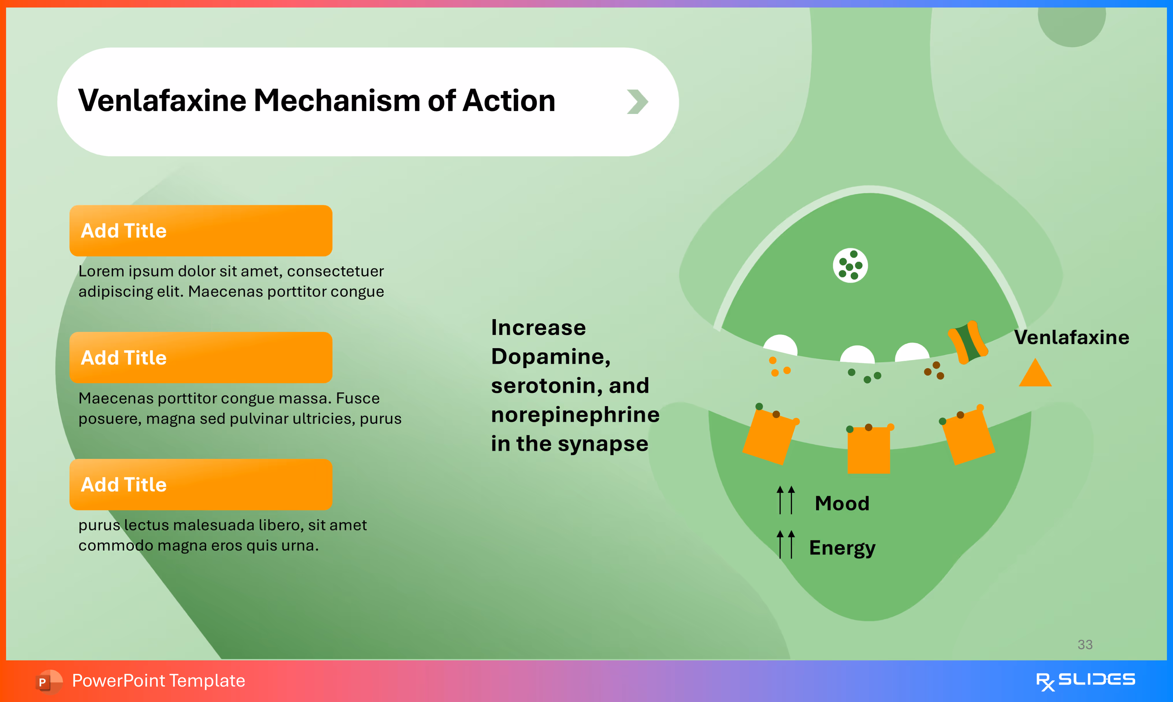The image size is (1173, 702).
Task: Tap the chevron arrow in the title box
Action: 637,102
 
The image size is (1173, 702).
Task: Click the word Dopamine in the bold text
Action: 550,357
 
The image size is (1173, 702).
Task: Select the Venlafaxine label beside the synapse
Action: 1071,337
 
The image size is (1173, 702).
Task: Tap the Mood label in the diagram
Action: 842,503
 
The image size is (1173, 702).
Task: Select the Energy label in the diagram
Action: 842,548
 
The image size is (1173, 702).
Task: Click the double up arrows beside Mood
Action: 786,500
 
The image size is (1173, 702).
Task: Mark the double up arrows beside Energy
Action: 786,545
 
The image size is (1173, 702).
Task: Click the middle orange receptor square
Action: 868,450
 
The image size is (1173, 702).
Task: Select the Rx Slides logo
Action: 1085,681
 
